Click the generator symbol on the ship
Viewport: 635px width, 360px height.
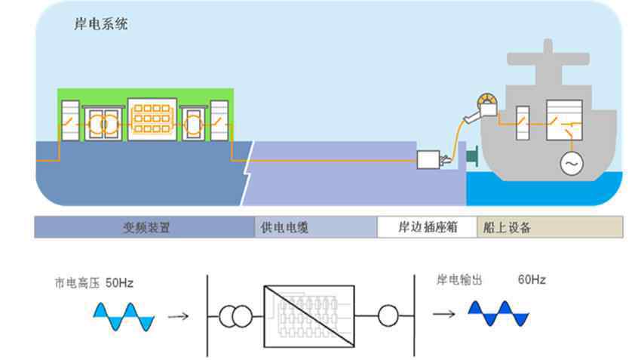click(571, 163)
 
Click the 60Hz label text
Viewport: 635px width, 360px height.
click(532, 280)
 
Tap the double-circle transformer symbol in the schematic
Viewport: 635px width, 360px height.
click(236, 317)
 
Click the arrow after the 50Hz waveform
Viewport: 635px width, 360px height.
click(178, 315)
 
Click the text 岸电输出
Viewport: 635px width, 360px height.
click(459, 280)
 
